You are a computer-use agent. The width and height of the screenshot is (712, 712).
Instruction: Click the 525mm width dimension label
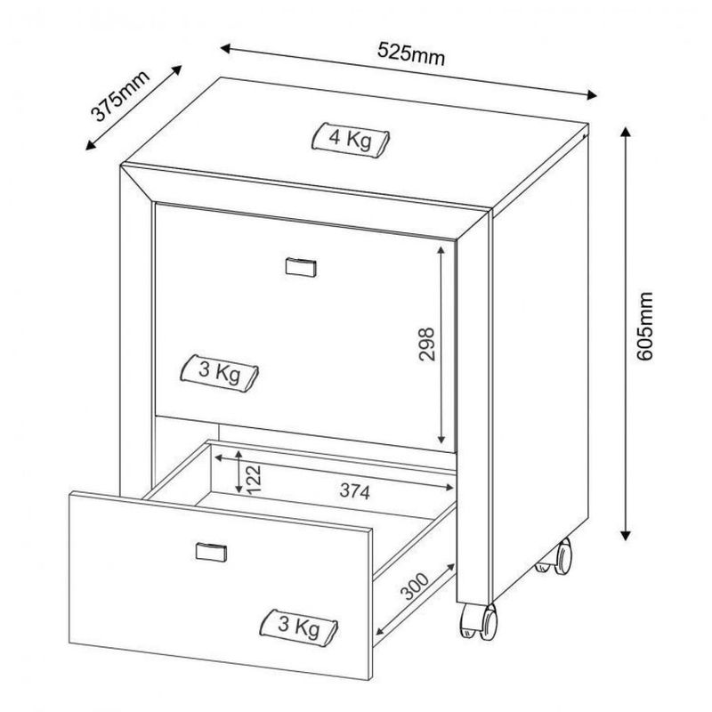tap(411, 54)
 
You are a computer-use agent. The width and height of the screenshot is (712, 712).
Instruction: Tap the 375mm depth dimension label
tap(120, 96)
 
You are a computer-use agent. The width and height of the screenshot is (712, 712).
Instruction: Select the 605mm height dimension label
tap(643, 326)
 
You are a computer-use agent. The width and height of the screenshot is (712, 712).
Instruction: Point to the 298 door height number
tap(426, 344)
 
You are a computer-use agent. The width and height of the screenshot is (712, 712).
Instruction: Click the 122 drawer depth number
tap(254, 479)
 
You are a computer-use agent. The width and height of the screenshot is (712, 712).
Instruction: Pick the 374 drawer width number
tap(355, 491)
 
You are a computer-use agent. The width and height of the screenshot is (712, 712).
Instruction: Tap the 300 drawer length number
tap(414, 587)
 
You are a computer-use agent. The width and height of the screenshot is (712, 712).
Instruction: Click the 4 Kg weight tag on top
tap(351, 141)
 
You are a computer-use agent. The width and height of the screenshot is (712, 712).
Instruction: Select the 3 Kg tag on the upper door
tap(219, 373)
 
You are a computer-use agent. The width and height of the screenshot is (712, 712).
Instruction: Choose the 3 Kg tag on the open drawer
tap(298, 627)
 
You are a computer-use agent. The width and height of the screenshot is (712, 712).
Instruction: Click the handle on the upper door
tap(301, 267)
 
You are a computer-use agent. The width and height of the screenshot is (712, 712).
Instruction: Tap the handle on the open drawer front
tap(211, 551)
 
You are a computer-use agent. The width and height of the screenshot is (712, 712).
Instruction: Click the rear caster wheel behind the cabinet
tap(555, 557)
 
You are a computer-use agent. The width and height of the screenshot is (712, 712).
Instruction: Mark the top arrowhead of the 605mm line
tap(626, 132)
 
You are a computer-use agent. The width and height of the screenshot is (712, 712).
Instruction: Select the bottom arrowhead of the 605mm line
tap(626, 536)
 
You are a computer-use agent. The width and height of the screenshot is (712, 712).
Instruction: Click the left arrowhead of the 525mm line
tap(226, 48)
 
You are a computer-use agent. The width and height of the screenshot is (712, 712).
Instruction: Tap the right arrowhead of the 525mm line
tap(591, 94)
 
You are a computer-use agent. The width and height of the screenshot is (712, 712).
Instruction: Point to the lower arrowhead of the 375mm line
tap(91, 145)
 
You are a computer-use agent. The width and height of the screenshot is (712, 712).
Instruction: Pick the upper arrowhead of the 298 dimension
tap(441, 251)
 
